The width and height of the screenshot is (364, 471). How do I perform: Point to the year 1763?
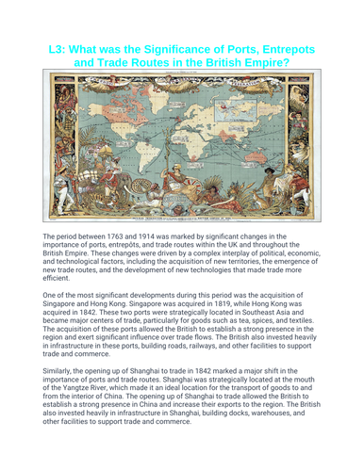tap(122, 236)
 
